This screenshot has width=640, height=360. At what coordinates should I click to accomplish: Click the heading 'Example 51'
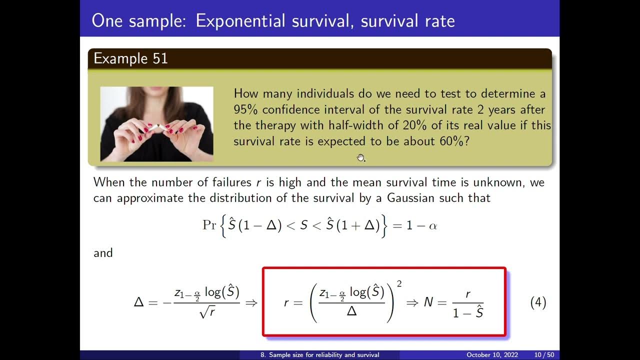tap(130, 58)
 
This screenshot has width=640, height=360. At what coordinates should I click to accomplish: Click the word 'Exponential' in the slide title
tap(240, 20)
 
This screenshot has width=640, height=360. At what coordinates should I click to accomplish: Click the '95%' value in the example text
tap(246, 109)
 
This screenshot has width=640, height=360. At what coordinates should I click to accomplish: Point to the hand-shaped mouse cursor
tap(361, 158)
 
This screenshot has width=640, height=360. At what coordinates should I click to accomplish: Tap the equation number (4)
tap(538, 302)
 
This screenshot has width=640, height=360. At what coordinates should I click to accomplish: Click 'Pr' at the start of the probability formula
tap(209, 225)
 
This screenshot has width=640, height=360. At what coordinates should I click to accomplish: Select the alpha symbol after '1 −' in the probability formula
tap(433, 225)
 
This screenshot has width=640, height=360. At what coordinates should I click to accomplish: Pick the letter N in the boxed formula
tap(428, 302)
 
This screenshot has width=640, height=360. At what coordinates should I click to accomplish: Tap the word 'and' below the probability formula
tap(103, 253)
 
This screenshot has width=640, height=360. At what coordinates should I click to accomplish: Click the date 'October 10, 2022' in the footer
tap(491, 355)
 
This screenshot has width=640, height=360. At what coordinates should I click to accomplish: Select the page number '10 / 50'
tap(544, 355)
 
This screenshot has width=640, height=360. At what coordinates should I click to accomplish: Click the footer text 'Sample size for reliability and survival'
tap(324, 355)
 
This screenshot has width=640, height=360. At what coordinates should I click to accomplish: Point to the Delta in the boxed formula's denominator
tap(351, 311)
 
